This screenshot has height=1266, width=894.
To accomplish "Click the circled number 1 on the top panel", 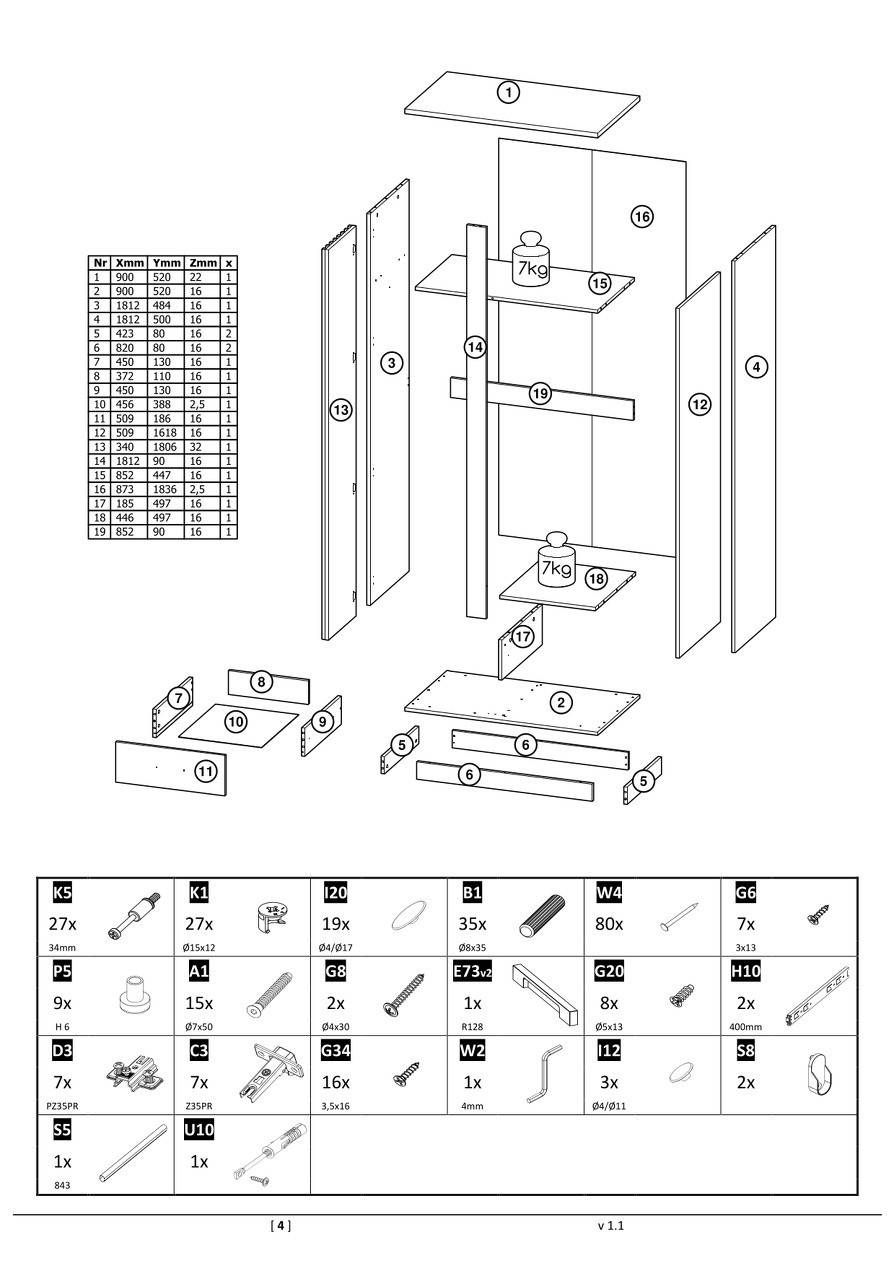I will click(x=509, y=93).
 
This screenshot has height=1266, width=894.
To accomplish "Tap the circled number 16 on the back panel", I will click(x=642, y=215).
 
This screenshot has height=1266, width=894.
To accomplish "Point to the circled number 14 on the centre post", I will click(x=474, y=347).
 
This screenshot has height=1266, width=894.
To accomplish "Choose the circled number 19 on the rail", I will click(x=540, y=394).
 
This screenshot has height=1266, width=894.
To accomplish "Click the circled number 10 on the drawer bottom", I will click(x=235, y=720).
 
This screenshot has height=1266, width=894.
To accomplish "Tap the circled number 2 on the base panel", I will click(x=562, y=702).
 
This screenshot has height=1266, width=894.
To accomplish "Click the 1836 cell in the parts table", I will click(x=166, y=490).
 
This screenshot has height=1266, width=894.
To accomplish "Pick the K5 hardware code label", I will click(x=60, y=892).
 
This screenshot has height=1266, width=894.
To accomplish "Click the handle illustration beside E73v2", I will click(x=545, y=994).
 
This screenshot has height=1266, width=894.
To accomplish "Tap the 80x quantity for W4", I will click(x=609, y=924).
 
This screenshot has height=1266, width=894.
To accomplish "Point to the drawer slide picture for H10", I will click(x=818, y=996).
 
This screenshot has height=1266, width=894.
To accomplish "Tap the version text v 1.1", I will click(x=610, y=1225).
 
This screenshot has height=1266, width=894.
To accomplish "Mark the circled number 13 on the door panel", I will click(x=340, y=409).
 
